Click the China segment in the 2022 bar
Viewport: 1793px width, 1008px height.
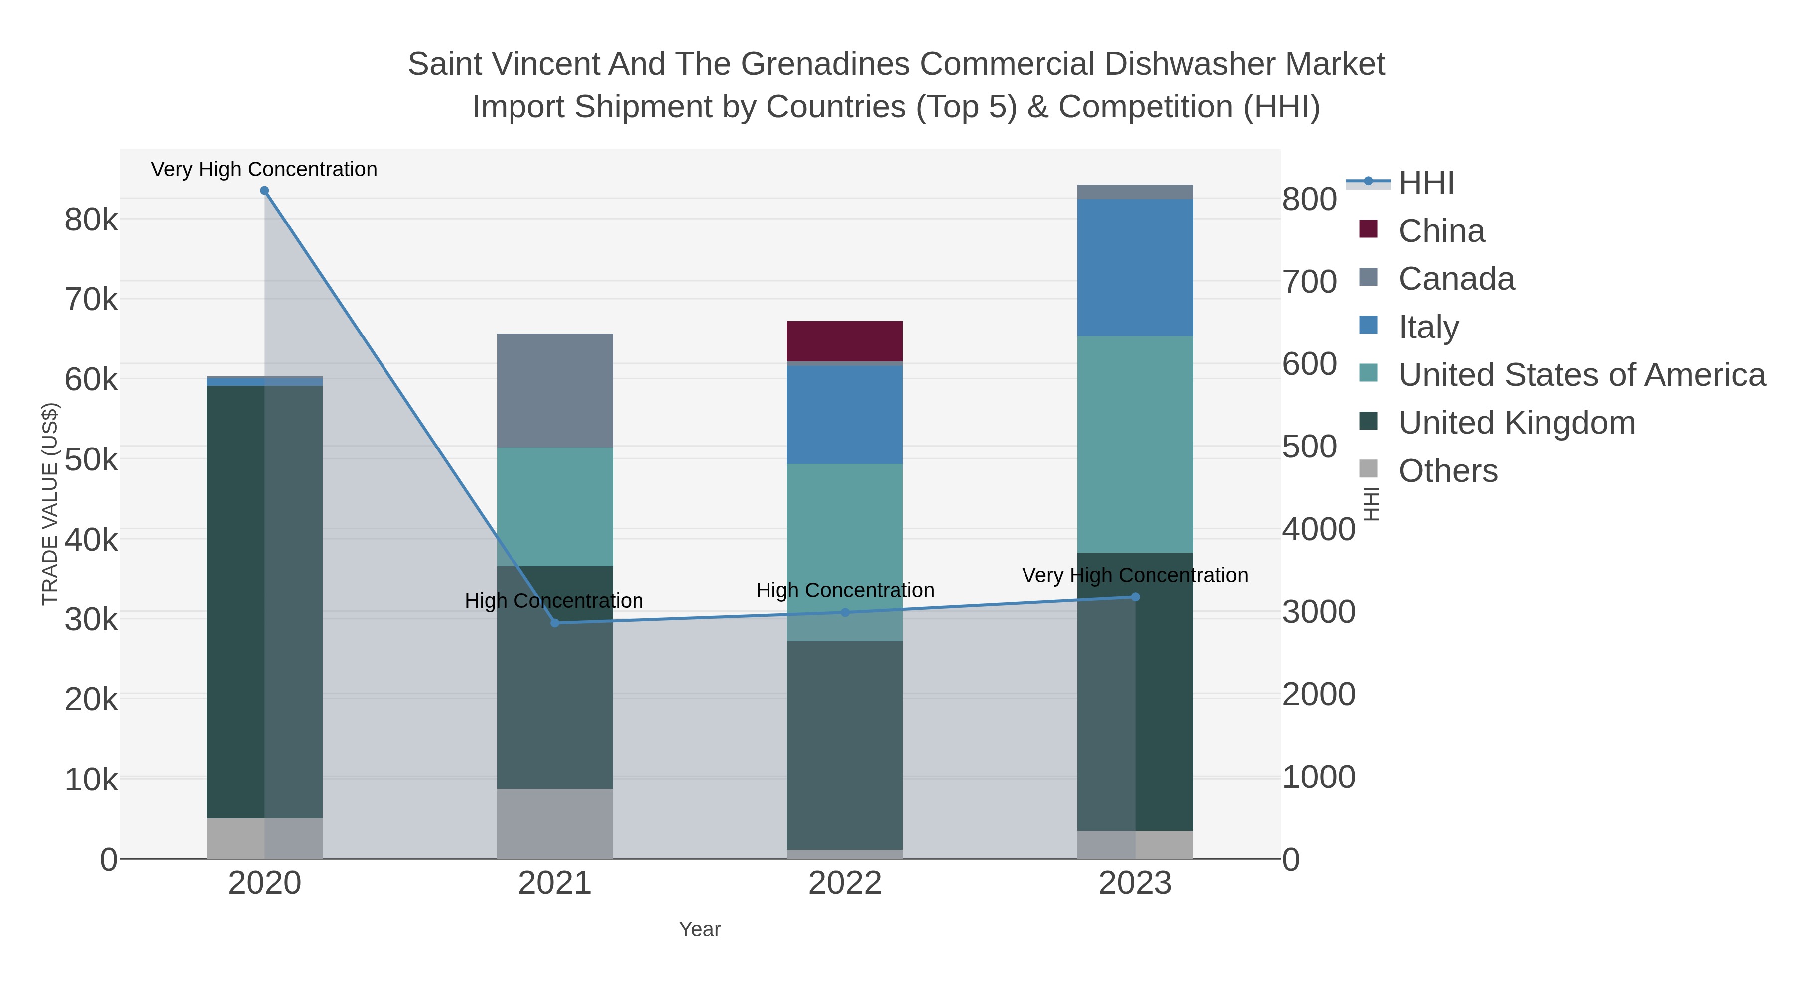(x=844, y=341)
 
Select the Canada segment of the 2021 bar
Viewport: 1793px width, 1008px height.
(x=555, y=390)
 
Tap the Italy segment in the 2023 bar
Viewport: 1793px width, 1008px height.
(x=1135, y=267)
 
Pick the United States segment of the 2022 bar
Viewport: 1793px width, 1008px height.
(x=844, y=552)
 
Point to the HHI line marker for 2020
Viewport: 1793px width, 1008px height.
(x=264, y=191)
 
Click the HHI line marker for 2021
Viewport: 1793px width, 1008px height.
(x=555, y=623)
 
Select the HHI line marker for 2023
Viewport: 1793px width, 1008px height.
(x=1135, y=597)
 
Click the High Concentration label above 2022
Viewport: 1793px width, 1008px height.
(x=844, y=590)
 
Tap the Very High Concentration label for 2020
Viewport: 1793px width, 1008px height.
(x=264, y=169)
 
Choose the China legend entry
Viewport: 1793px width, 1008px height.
(x=1441, y=231)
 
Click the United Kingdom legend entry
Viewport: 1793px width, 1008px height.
(x=1516, y=423)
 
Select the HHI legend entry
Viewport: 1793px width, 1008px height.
(x=1425, y=183)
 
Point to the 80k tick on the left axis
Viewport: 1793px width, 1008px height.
(x=91, y=220)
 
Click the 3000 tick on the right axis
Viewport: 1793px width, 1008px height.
(x=1318, y=612)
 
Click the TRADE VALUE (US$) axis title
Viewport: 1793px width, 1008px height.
(x=50, y=504)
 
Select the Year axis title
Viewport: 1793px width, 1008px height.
(x=700, y=929)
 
